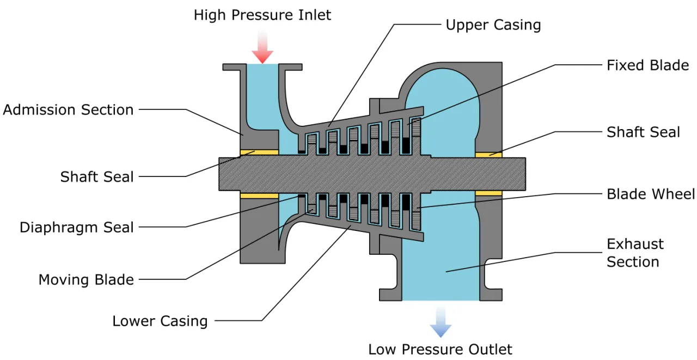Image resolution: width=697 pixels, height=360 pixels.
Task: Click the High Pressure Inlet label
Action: click(262, 15)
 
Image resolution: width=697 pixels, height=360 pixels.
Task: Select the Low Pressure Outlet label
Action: click(440, 349)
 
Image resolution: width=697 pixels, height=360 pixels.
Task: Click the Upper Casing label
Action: click(493, 25)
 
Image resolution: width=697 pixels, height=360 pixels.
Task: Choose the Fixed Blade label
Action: click(647, 65)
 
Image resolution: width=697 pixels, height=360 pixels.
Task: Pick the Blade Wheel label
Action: click(651, 194)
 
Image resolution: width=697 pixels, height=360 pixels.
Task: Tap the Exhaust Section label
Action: click(635, 253)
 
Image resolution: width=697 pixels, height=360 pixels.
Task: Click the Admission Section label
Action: click(68, 109)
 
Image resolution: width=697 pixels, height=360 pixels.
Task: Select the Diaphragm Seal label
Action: click(77, 227)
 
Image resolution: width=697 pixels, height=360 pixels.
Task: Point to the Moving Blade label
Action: click(86, 280)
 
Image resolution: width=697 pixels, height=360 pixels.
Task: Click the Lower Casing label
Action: click(160, 321)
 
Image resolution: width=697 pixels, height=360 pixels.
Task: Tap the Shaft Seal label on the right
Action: click(643, 132)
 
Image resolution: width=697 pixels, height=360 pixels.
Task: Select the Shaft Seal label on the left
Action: click(97, 176)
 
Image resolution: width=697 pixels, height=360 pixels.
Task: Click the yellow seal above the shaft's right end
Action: click(488, 155)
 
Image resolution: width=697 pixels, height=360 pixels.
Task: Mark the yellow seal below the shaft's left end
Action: click(259, 195)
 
